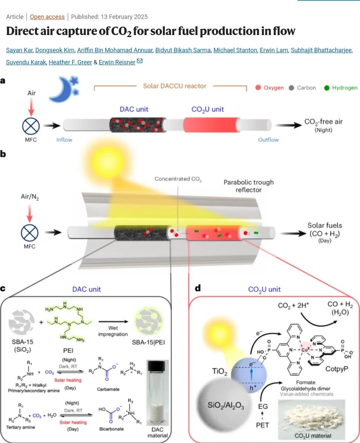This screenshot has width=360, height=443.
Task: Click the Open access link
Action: click(x=47, y=17)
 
